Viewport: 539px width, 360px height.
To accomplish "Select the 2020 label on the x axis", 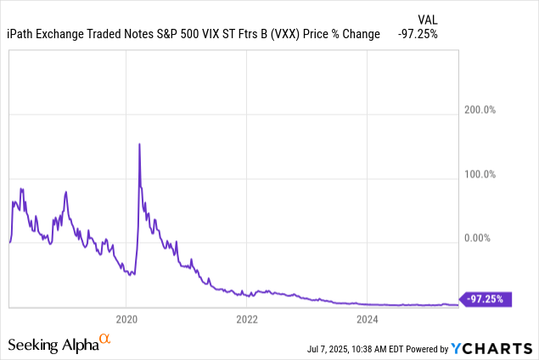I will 126,320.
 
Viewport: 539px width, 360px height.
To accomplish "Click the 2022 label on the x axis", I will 247,320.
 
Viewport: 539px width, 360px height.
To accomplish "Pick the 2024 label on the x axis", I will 368,320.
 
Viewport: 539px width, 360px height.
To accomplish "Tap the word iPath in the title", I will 23,34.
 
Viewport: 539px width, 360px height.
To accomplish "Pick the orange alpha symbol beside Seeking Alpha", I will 105,340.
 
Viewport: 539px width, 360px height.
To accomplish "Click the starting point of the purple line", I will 9,243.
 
